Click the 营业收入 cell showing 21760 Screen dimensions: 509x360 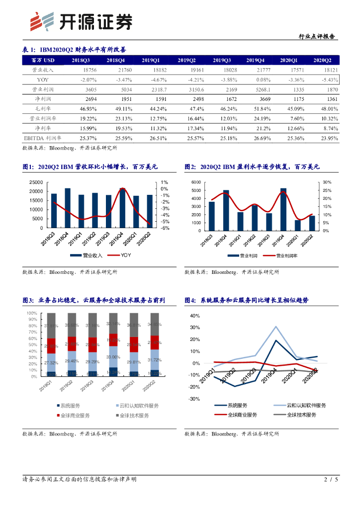tap(115, 70)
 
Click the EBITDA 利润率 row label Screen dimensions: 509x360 tap(42, 138)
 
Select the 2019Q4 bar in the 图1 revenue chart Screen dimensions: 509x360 tap(122, 208)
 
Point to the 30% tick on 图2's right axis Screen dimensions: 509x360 tap(327, 182)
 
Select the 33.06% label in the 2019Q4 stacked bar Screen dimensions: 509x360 tap(114, 357)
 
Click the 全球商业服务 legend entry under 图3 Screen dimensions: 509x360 tap(76, 416)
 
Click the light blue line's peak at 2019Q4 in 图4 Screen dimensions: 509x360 tap(276, 327)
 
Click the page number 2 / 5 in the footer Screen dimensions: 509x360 tap(331, 480)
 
